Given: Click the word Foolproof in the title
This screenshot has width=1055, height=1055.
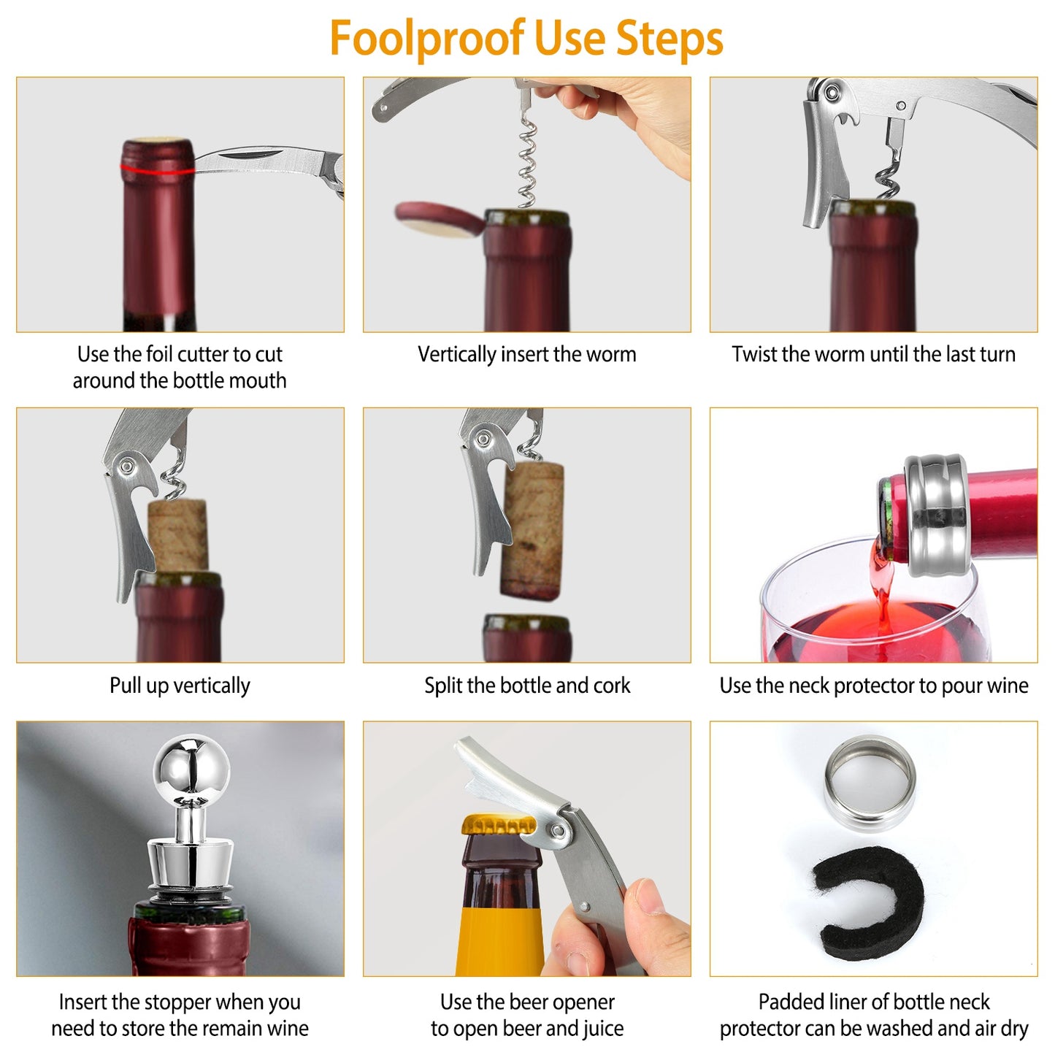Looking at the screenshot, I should click(426, 39).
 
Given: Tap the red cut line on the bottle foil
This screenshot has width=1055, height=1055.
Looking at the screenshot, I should click(156, 171).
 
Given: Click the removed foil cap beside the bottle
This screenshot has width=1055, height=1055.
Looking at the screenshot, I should click(438, 219).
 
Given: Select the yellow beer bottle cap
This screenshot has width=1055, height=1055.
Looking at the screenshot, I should click(498, 825).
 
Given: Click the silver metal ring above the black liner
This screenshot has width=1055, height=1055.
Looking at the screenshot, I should click(870, 783).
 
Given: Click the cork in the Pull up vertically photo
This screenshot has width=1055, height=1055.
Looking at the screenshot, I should click(178, 534).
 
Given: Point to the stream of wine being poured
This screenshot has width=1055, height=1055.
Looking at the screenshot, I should click(883, 584).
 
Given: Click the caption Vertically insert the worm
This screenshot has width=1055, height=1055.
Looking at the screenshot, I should click(526, 355).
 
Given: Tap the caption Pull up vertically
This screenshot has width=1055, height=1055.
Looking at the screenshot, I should click(180, 686).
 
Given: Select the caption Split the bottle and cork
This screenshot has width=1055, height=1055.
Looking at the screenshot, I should click(526, 686).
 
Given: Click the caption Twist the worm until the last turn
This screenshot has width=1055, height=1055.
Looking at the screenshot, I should click(873, 355).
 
